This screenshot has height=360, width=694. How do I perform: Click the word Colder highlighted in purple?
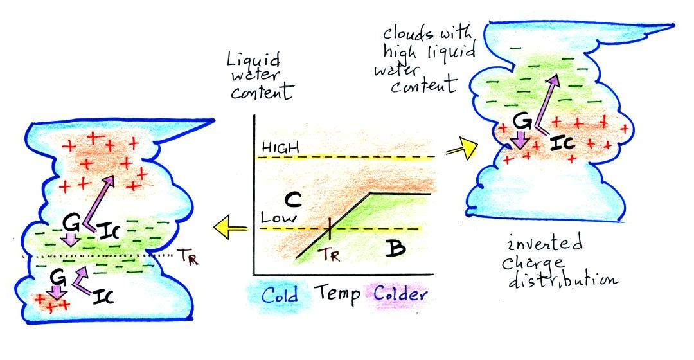pyautogui.click(x=398, y=296)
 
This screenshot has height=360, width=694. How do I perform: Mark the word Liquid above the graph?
pyautogui.click(x=254, y=61)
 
